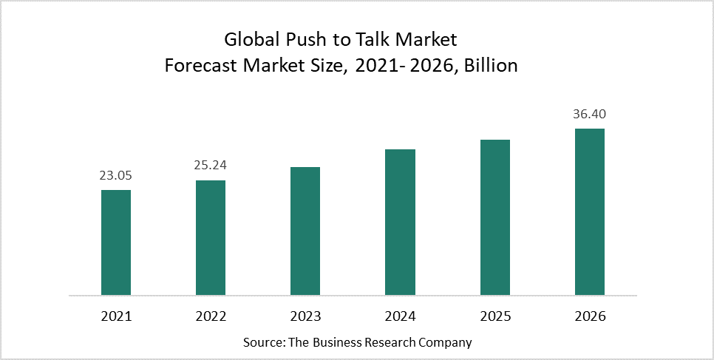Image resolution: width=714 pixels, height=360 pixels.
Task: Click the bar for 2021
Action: [116, 242]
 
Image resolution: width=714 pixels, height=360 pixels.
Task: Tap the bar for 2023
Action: [305, 231]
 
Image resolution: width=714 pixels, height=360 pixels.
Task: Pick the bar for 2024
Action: [400, 223]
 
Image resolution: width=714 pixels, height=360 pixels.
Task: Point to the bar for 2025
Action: [495, 217]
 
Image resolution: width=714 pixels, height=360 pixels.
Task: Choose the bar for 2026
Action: [590, 212]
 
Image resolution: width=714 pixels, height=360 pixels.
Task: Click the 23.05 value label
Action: [116, 176]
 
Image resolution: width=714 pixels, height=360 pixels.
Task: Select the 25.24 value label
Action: [211, 166]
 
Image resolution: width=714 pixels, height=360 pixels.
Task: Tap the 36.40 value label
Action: [590, 115]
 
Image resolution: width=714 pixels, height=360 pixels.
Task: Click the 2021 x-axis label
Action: [116, 316]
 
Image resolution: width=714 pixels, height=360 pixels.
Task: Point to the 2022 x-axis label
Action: [211, 316]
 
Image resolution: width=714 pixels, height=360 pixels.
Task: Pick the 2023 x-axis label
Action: [305, 316]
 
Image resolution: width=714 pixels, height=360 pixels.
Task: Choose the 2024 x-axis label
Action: [400, 316]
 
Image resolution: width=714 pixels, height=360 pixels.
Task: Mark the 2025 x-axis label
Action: [495, 316]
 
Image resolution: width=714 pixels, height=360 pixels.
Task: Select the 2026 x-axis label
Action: [590, 316]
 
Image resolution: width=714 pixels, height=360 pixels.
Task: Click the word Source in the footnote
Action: [261, 343]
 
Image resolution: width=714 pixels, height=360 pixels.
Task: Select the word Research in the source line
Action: [381, 343]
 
